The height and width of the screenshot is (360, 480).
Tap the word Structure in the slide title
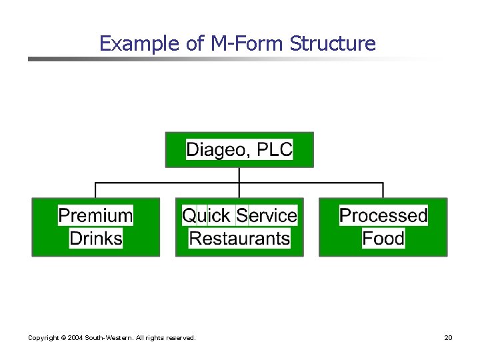[x=333, y=44]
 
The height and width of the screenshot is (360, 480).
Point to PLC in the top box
[x=275, y=149]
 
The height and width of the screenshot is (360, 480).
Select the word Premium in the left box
[x=95, y=215]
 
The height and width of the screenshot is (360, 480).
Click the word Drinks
[x=96, y=238]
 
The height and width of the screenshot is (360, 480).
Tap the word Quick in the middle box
[x=206, y=215]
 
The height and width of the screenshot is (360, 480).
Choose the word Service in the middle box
[x=267, y=215]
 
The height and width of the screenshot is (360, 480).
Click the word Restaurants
[x=239, y=238]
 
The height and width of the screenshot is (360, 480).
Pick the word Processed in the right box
[x=383, y=215]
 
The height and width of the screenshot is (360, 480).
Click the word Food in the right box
[x=383, y=238]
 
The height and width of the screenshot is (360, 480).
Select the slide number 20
[x=448, y=338]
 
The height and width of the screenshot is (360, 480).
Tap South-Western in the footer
[x=109, y=338]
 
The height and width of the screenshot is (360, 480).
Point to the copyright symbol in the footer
[x=63, y=338]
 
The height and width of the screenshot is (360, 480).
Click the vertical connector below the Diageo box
[x=239, y=175]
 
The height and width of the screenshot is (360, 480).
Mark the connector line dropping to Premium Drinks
[x=96, y=190]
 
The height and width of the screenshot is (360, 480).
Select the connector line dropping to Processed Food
[x=383, y=190]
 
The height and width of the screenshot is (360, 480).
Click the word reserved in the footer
[x=181, y=338]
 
